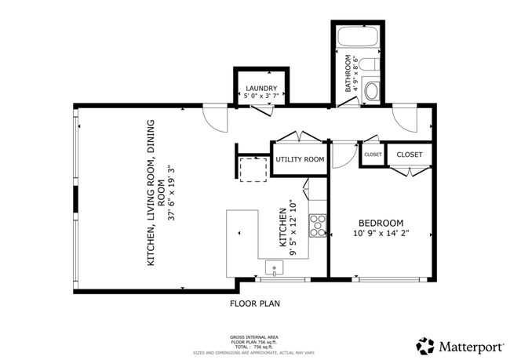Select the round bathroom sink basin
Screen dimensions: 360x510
point(371,92)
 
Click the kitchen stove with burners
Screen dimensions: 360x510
point(318,225)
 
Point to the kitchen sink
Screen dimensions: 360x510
point(274,267)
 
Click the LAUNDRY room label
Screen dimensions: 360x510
point(261,88)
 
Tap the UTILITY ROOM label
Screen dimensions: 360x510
point(300,159)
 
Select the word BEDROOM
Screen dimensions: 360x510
point(381,222)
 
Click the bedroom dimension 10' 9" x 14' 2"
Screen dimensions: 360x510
point(381,233)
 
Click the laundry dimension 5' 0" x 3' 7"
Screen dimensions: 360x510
point(261,96)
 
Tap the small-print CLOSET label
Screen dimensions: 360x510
point(373,155)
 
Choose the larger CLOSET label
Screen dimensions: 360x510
point(409,155)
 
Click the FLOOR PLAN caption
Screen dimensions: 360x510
point(254,303)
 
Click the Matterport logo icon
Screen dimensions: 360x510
point(425,345)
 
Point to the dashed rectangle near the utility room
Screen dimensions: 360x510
point(253,169)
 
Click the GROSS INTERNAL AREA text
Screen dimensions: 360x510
point(254,334)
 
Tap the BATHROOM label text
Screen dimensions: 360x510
point(348,75)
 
